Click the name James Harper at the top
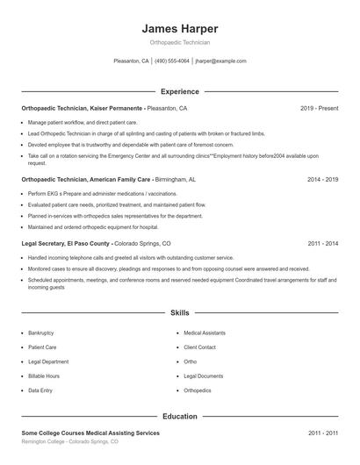179,29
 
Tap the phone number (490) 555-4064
172,61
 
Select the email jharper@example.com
220,61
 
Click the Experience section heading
180,91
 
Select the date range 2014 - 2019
323,178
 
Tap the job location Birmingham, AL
175,178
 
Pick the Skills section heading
180,312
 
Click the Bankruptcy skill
41,333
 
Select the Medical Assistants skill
205,333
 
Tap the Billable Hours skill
43,376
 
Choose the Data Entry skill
40,390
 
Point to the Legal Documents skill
204,376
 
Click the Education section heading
180,417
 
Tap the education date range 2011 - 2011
323,433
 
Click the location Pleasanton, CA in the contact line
132,61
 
